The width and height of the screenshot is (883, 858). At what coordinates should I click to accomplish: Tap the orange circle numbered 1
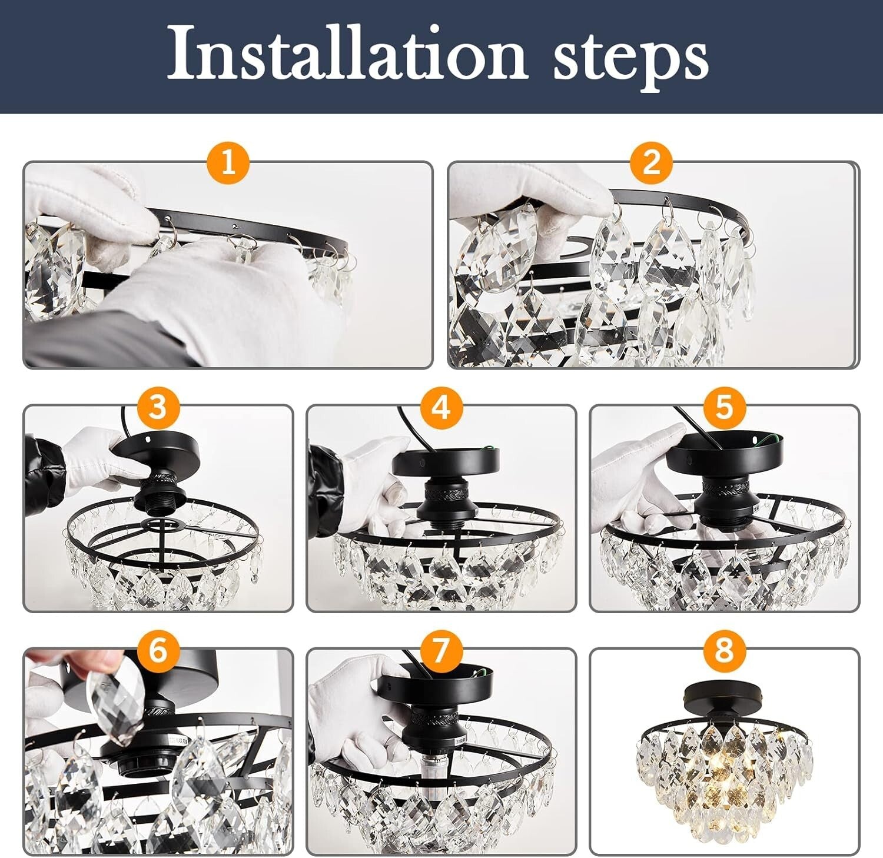(228, 162)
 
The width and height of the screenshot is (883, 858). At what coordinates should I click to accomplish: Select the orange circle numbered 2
(652, 162)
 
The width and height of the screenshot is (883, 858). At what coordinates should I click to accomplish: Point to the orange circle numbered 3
(158, 406)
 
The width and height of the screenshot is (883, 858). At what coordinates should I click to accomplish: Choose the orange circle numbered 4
(441, 406)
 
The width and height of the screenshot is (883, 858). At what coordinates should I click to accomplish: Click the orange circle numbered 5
(723, 406)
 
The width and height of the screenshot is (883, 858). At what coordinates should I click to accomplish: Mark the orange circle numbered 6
(158, 650)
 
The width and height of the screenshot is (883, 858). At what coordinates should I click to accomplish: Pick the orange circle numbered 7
(441, 650)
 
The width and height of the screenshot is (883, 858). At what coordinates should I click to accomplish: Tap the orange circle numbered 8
(723, 650)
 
